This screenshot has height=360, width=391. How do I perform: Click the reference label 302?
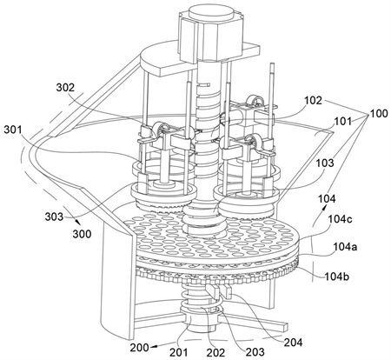[65, 88]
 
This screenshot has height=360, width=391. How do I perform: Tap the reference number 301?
[13, 130]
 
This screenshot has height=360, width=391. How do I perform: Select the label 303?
[54, 217]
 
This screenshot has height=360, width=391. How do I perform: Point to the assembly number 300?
[82, 234]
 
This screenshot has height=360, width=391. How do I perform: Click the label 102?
[313, 101]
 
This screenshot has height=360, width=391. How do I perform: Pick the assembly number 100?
[378, 113]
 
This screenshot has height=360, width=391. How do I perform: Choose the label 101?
[343, 122]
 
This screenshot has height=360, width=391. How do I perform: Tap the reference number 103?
[325, 163]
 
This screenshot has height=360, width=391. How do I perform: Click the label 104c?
[340, 219]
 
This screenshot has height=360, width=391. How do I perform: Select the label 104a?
[345, 247]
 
